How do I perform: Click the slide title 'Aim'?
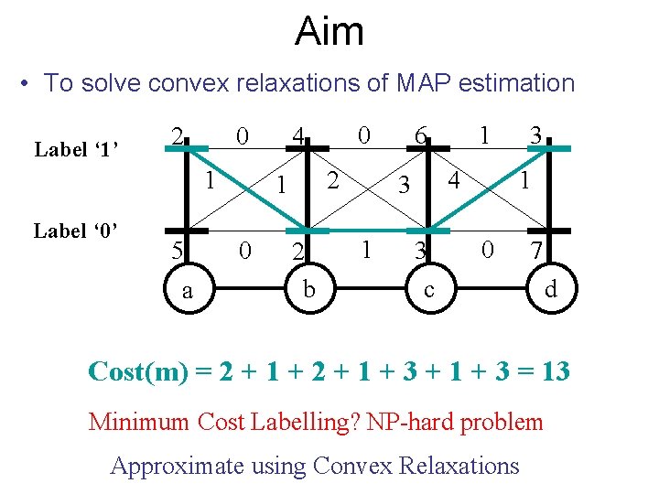point(329,32)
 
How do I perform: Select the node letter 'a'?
point(187,291)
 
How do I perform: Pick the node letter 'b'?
point(310,291)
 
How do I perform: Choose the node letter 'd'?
point(550,291)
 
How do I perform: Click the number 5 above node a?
point(179,250)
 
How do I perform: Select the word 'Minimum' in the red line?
point(140,422)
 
